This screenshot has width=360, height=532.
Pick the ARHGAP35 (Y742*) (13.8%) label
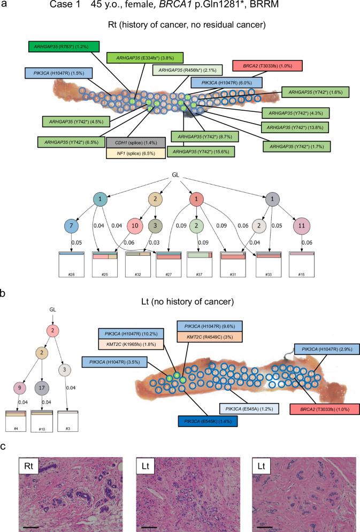[295, 127]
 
